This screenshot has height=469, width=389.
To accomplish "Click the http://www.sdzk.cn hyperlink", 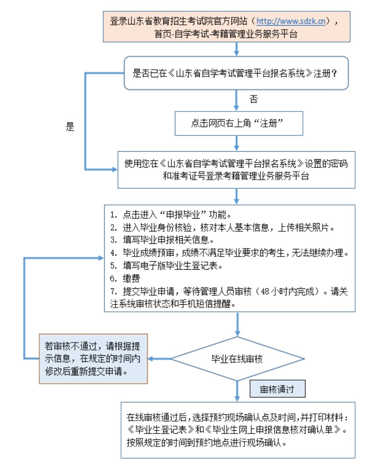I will click(291, 21).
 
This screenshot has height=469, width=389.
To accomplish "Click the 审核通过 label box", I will click(277, 389).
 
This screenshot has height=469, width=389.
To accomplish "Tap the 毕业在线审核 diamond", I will click(237, 359).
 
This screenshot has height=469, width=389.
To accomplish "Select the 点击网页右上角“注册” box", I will click(239, 123).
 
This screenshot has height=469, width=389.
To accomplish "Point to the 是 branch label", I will click(70, 126).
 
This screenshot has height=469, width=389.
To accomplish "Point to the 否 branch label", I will click(253, 99).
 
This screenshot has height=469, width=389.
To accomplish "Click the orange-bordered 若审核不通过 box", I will click(93, 359).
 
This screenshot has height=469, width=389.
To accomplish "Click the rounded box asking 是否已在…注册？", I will click(236, 73).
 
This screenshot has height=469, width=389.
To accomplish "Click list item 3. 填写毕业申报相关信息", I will click(162, 240).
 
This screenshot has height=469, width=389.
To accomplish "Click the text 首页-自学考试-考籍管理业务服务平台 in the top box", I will click(226, 34).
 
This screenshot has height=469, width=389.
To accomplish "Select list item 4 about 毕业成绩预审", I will click(230, 253).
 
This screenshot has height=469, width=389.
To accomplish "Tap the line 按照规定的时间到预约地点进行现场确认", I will click(207, 442).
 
